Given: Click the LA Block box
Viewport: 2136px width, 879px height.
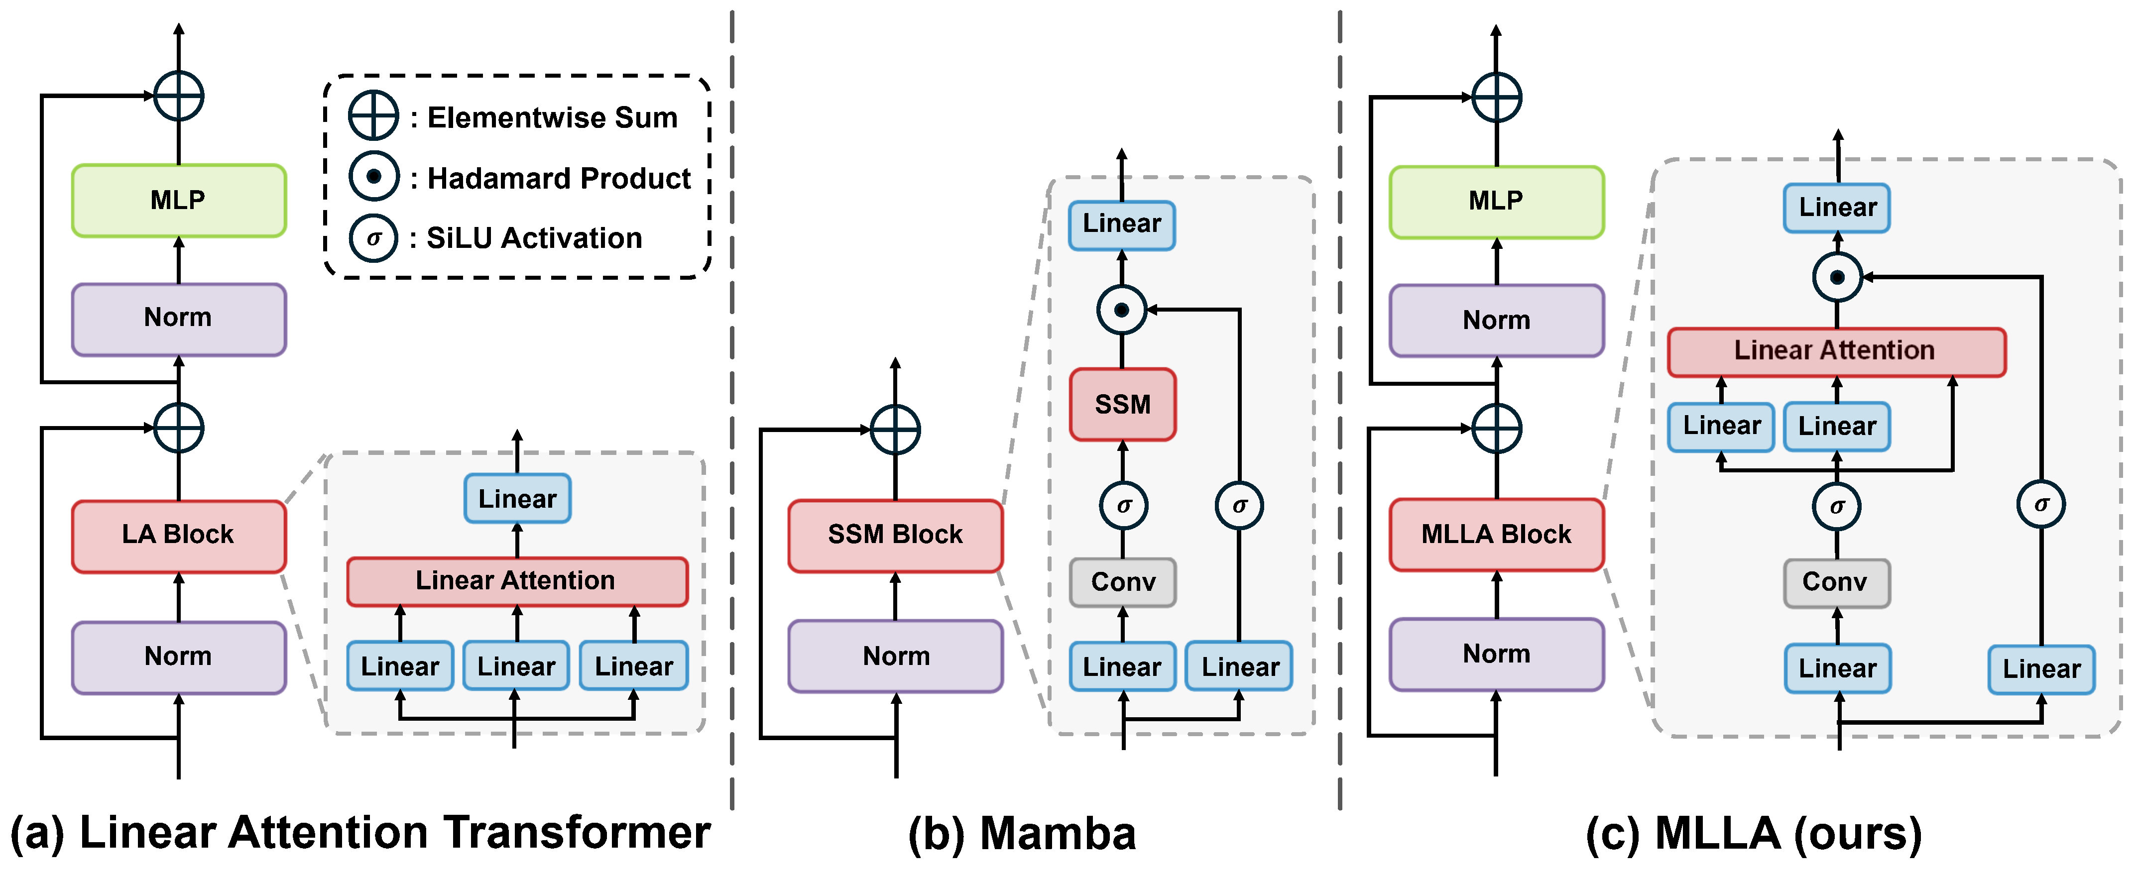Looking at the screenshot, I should (x=178, y=536).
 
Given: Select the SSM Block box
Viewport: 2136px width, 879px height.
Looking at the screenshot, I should (x=896, y=536).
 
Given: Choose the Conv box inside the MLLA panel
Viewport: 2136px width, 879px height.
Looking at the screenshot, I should (x=1837, y=583).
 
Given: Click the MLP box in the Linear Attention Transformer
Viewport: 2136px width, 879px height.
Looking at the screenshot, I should (x=178, y=201).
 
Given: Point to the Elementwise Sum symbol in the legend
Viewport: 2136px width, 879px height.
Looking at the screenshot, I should (x=373, y=116).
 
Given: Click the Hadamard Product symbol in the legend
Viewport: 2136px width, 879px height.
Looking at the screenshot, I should (x=373, y=177).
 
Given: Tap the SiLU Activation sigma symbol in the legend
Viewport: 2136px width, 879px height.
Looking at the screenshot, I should (x=373, y=238).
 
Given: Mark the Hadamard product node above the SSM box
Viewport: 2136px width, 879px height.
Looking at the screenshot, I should (x=1121, y=310).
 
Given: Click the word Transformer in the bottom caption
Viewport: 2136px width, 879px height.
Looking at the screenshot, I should (x=576, y=833).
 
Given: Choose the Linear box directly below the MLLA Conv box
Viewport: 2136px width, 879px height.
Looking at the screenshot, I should (x=1837, y=668).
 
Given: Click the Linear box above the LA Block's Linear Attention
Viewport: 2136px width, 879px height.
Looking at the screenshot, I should (x=517, y=498).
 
